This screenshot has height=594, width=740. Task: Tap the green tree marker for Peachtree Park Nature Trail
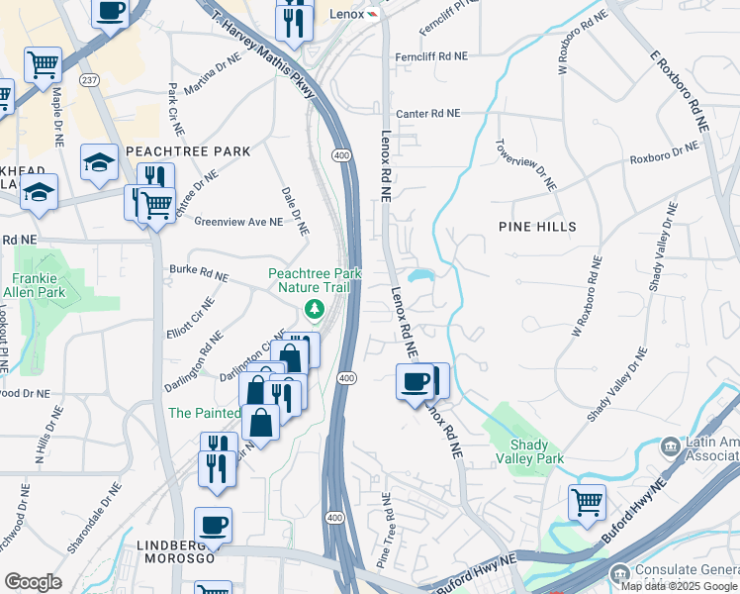(316, 310)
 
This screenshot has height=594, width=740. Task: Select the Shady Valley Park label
(535, 451)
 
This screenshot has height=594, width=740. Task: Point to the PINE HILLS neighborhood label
(536, 227)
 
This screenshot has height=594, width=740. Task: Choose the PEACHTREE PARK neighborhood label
(187, 150)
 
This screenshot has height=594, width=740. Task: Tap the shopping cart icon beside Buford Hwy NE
(587, 502)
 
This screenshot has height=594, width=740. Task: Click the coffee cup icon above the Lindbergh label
(213, 524)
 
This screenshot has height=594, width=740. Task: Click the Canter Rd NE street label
(428, 114)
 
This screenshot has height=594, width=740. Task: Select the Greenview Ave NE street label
(238, 223)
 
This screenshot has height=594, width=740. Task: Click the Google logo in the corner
(34, 582)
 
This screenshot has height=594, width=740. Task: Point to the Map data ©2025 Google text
(679, 586)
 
